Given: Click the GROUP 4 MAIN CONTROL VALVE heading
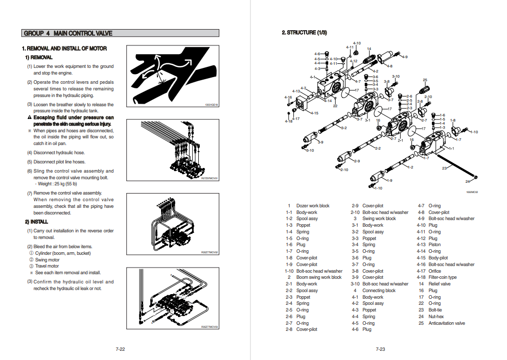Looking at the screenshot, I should [x=68, y=33].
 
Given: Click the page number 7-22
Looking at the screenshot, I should [x=120, y=349].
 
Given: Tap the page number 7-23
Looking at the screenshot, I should [x=380, y=349].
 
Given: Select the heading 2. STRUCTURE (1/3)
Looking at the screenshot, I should [x=304, y=33].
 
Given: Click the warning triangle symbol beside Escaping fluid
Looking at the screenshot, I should [x=30, y=117].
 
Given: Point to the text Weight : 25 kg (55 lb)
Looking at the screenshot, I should [x=57, y=184].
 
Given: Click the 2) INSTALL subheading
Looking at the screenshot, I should [x=36, y=222].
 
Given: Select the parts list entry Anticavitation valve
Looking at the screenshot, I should [x=447, y=323].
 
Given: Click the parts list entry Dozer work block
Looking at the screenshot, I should [x=313, y=206].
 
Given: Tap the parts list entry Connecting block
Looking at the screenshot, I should [x=379, y=291].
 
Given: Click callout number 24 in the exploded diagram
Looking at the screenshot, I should [x=468, y=181].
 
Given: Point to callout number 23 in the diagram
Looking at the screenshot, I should [x=444, y=169].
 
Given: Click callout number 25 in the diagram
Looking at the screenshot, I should [x=425, y=80].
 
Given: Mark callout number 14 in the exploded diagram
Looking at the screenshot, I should [x=369, y=49].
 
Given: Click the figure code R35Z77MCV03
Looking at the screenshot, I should [x=210, y=326].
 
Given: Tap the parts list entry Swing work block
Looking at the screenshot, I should [x=379, y=219].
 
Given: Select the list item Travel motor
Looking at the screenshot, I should [x=47, y=266].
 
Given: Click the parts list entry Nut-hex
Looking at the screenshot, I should [x=436, y=317].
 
